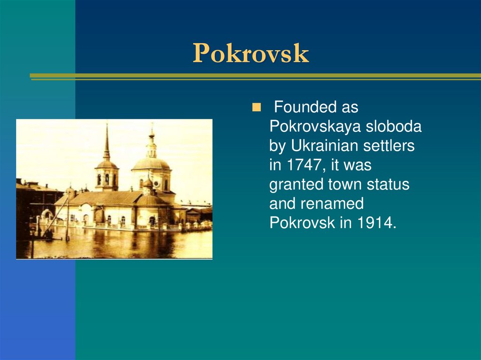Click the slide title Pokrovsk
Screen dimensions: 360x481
pyautogui.click(x=250, y=54)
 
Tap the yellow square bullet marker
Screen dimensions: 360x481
pyautogui.click(x=256, y=107)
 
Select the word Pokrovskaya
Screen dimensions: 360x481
pyautogui.click(x=312, y=127)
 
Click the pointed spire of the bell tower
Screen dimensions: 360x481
pyautogui.click(x=107, y=141)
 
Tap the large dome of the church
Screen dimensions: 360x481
pyautogui.click(x=150, y=164)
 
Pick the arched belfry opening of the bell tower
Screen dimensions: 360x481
pyautogui.click(x=107, y=179)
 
